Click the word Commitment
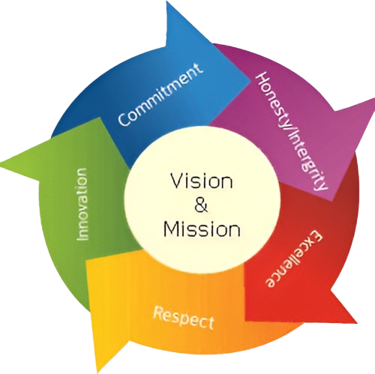tap(160, 94)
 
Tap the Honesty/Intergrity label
tap(292, 132)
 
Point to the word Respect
tap(184, 318)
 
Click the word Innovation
tap(82, 204)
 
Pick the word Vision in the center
tap(202, 181)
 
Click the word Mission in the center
tap(202, 229)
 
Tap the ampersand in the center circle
tap(201, 205)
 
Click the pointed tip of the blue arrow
tap(167, 1)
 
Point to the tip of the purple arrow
tap(374, 100)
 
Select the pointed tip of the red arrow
tap(357, 323)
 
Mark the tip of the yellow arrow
tap(98, 373)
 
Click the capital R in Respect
tap(157, 313)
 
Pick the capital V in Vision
tap(177, 181)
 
